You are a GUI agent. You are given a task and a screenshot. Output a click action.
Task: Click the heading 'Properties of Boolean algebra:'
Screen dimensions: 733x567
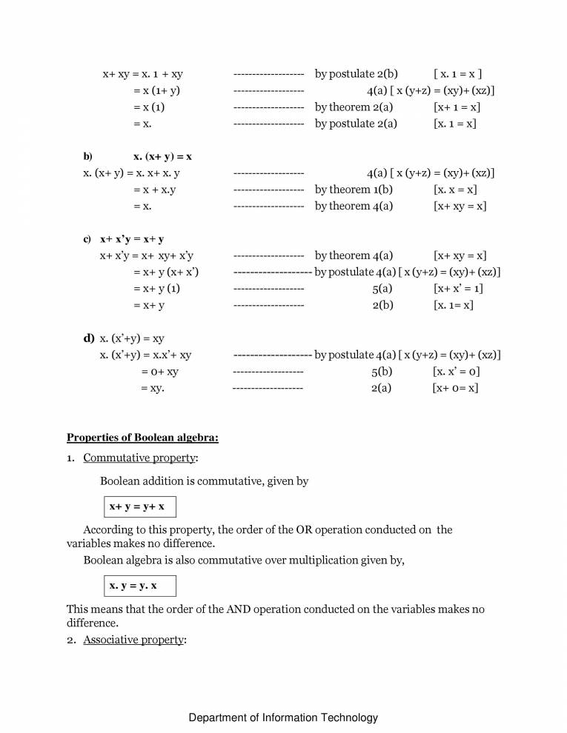click(142, 438)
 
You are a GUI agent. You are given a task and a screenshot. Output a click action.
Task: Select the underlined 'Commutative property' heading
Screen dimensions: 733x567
click(139, 458)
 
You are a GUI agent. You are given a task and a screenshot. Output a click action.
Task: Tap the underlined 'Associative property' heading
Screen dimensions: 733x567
click(133, 640)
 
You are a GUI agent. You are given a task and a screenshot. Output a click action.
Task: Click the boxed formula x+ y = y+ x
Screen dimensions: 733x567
click(138, 507)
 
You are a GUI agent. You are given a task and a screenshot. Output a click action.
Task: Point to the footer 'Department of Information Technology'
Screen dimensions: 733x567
click(283, 717)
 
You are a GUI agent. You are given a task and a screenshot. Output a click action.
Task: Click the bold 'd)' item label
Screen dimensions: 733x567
click(88, 338)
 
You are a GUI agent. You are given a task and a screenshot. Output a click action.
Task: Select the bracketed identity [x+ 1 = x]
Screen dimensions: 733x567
click(457, 107)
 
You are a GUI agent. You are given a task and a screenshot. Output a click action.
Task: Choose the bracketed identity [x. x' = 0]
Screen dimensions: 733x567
click(456, 372)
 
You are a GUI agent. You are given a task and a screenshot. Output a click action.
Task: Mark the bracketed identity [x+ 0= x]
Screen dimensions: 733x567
click(455, 388)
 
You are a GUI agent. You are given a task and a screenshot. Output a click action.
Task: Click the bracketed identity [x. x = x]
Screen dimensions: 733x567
click(455, 190)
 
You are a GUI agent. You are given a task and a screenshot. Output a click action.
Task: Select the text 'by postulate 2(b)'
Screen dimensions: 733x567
click(357, 74)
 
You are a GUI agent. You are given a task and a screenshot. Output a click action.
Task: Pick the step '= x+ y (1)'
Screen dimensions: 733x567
click(156, 289)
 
